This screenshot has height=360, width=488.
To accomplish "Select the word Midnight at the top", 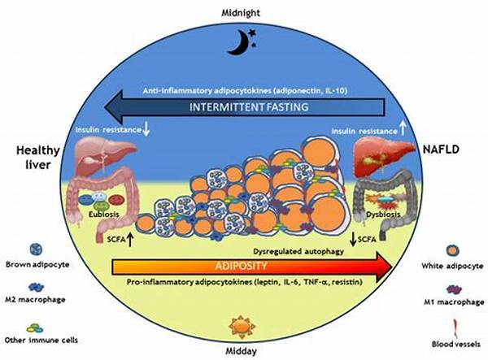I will click(243, 13).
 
